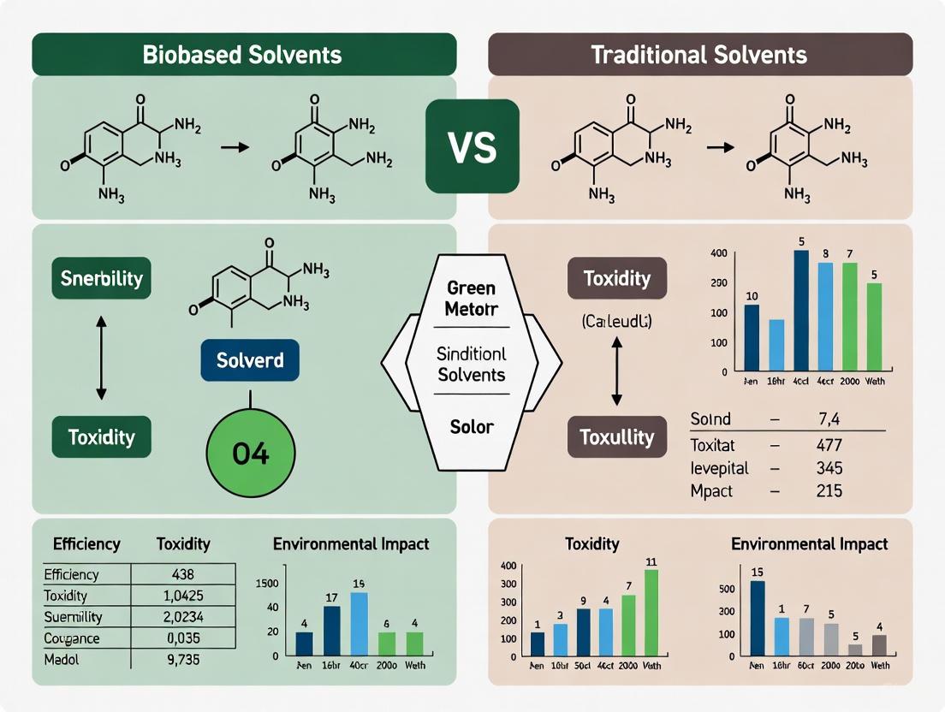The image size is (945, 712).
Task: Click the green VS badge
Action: click(x=472, y=145)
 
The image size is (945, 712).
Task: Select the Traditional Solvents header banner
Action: click(x=699, y=55)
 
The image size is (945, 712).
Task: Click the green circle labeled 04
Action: click(x=251, y=454)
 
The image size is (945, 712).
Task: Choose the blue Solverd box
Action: click(x=250, y=360)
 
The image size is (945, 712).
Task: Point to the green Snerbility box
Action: click(x=102, y=278)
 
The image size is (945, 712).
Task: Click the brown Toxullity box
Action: click(x=617, y=437)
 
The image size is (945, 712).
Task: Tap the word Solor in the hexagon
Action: click(x=472, y=425)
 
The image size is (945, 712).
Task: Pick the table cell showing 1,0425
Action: click(x=183, y=595)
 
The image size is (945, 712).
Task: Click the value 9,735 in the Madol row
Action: click(x=183, y=659)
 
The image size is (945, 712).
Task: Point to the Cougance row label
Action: click(x=72, y=638)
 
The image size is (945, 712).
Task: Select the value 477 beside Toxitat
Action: click(x=829, y=445)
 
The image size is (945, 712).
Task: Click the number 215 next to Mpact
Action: click(x=829, y=491)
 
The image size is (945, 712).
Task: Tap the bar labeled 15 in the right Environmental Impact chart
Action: click(x=757, y=618)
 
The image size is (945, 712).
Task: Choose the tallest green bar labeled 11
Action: click(x=651, y=613)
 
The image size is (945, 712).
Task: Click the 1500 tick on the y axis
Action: click(x=267, y=583)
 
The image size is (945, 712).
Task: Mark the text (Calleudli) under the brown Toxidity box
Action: click(x=616, y=322)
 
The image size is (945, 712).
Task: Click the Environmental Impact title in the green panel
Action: click(x=351, y=543)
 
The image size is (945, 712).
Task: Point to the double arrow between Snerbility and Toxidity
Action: click(x=101, y=357)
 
